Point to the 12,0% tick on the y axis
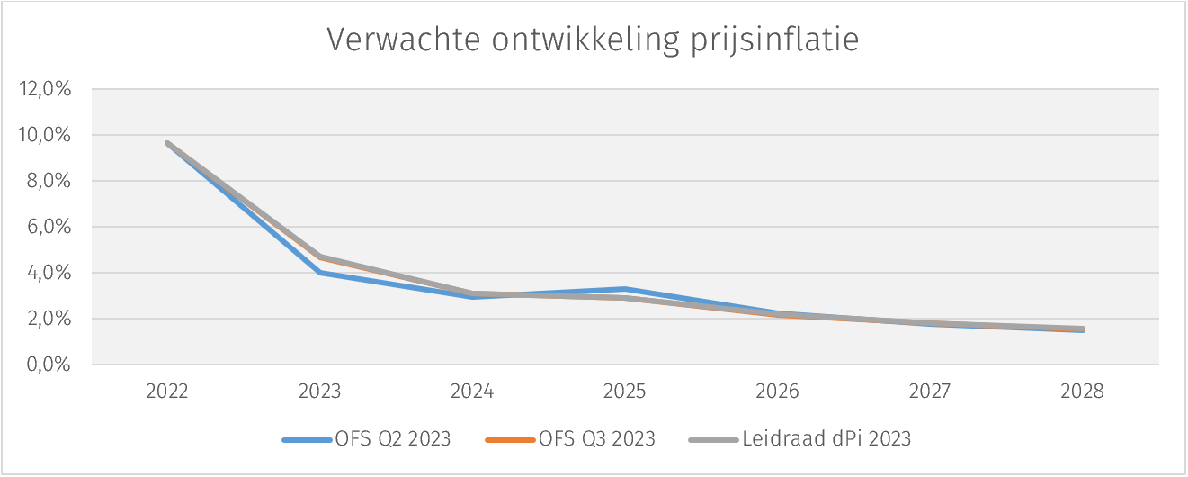tap(46, 89)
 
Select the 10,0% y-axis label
tap(46, 135)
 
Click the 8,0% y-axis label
tap(49, 181)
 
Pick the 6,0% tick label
tap(49, 227)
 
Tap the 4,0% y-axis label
tap(49, 273)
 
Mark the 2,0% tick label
tap(49, 319)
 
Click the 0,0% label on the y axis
tap(49, 364)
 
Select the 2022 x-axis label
tap(167, 392)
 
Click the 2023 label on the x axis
tap(320, 392)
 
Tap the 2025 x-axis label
tap(625, 392)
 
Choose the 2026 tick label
tap(778, 392)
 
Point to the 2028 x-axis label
tap(1083, 392)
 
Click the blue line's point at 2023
tap(320, 273)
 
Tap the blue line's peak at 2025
tap(625, 289)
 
